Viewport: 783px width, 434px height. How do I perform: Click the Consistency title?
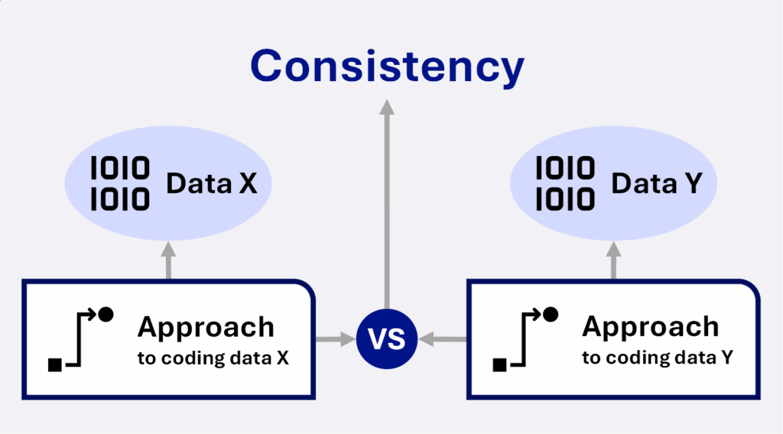coord(387,66)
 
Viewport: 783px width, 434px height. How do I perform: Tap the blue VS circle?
coord(386,338)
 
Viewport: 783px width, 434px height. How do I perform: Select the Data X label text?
coord(211,183)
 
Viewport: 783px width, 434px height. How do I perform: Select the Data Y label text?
coord(657,183)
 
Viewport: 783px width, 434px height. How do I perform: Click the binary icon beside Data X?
coord(120,183)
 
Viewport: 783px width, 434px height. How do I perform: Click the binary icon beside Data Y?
coord(565,183)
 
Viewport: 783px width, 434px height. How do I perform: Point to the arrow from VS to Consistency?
coord(386,204)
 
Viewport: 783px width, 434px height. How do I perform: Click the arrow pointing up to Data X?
coord(168,261)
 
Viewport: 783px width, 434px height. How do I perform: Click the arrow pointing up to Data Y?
coord(613,261)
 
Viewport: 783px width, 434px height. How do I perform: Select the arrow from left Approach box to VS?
coord(336,339)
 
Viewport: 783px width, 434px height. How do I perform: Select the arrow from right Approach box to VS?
coord(443,339)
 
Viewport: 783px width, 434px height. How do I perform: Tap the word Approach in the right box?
coord(650,328)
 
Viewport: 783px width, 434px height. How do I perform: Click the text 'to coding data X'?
coord(213,358)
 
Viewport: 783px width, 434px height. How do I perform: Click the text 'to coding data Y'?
coord(658,358)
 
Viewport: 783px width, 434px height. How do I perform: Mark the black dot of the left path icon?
coord(106,314)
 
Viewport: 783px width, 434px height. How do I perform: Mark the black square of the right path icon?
coord(499,365)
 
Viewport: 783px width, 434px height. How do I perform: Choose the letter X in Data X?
coord(249,183)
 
